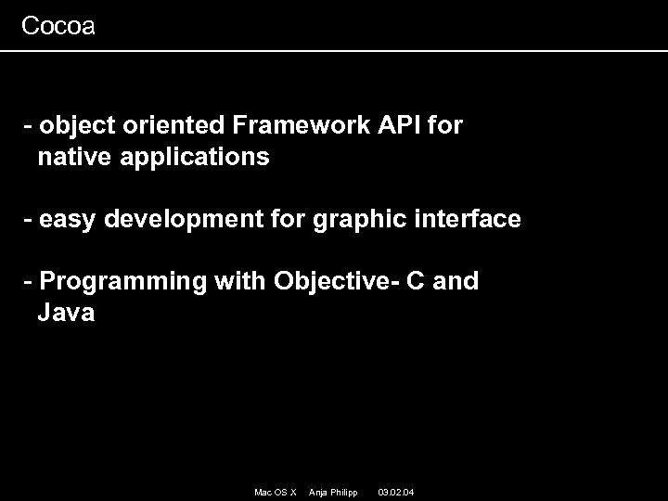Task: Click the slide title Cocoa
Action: click(58, 26)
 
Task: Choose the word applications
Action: click(193, 159)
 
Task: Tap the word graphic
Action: click(351, 221)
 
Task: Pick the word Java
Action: click(66, 314)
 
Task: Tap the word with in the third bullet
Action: click(240, 281)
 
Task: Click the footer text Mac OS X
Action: click(275, 491)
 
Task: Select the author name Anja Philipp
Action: click(332, 491)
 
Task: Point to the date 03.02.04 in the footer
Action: click(396, 491)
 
